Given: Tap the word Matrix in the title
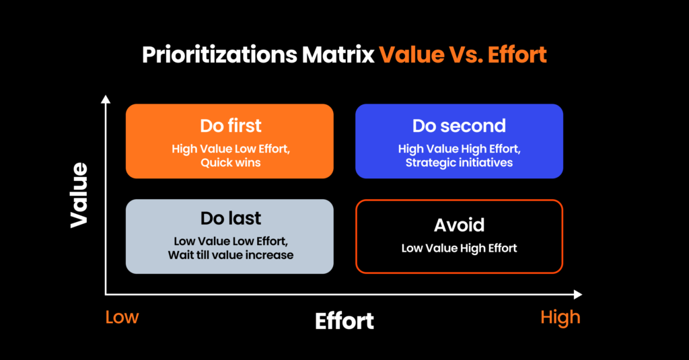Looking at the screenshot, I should pos(338,55).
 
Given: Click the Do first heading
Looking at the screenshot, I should pos(230,126).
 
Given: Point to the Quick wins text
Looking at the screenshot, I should pos(230,162).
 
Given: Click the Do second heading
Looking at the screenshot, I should pos(459,126).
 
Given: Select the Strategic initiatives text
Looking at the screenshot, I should pos(459,162).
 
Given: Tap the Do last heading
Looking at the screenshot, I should pos(230,218).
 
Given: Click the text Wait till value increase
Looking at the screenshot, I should pos(230,255).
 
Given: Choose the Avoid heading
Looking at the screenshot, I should pos(459,224).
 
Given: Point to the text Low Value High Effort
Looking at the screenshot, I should pos(459,248).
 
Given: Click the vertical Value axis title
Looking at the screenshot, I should pos(79,194).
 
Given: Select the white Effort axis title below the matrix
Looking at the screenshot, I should pos(344,321).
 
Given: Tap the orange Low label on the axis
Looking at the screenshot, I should pos(122,317).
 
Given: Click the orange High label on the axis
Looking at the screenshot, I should pos(560,317).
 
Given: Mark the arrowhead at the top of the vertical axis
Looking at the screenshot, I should pos(106,100).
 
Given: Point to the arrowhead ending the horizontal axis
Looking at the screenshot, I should pos(577,294).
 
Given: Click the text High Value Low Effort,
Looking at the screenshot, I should pos(230,149).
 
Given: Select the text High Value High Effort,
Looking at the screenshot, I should pos(459,149).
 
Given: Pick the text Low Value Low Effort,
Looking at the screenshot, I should pos(230,242).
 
